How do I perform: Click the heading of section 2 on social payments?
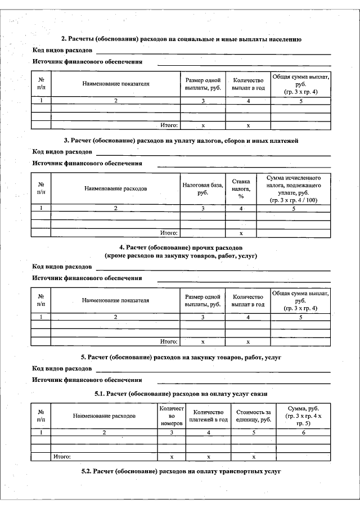coord(181,39)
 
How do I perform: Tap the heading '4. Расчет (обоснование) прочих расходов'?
coord(181,247)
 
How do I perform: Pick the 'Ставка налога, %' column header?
coord(241,189)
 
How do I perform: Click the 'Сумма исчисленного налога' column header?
coord(294,189)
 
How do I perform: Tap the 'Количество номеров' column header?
coord(172,416)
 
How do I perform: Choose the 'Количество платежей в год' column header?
coord(208,416)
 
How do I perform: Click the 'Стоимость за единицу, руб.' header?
coord(253,416)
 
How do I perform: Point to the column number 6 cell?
coord(304,433)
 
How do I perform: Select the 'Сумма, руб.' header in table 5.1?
coord(304,416)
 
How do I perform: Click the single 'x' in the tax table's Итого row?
coord(241,232)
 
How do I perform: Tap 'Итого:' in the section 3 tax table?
coord(169,232)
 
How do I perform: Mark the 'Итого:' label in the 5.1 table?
coord(62,457)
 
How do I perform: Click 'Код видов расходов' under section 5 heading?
coord(62,368)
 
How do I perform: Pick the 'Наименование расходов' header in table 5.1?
coord(104,416)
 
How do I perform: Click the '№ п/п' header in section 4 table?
coord(41,300)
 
